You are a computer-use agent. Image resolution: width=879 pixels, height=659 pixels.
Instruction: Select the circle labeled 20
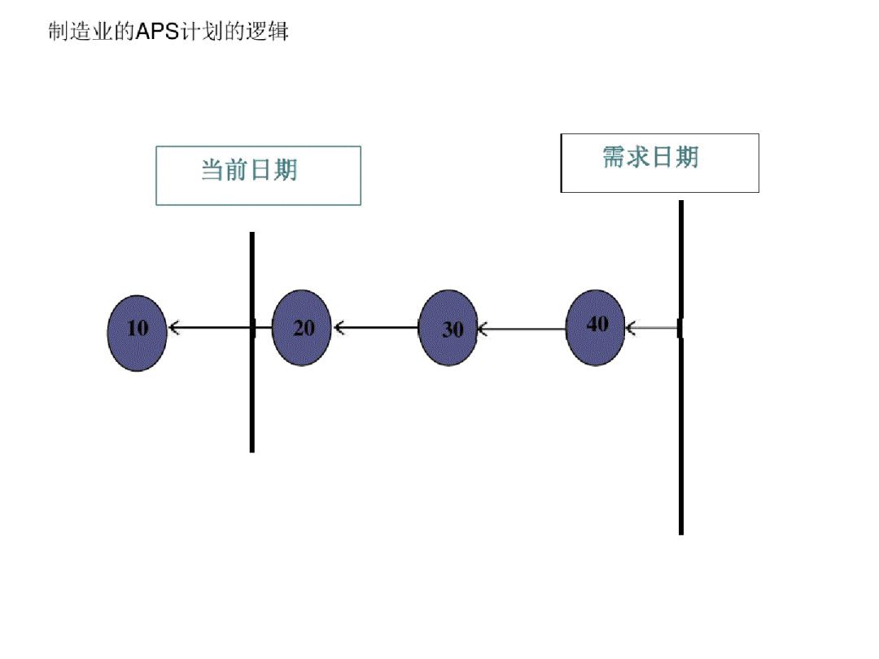tap(301, 328)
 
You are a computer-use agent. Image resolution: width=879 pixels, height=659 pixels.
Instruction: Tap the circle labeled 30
tap(448, 328)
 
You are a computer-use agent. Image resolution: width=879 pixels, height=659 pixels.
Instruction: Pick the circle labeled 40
tap(595, 327)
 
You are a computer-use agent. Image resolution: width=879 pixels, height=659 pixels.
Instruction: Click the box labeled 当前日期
tap(258, 176)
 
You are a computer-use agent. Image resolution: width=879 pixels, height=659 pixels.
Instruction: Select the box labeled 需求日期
tap(659, 163)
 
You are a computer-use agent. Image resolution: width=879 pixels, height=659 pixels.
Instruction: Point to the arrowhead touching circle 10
tap(173, 329)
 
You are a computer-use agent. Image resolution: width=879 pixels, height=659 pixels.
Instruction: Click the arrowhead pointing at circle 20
tap(339, 328)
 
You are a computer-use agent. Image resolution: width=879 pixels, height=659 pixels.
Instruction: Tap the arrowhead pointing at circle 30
tap(483, 329)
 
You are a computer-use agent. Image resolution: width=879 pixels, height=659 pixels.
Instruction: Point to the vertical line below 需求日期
tap(680, 439)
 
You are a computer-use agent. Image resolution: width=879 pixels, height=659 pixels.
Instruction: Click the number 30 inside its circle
tap(453, 329)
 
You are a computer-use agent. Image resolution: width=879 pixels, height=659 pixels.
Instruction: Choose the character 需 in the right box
tap(614, 156)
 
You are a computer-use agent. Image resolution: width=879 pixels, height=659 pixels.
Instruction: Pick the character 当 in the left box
tap(213, 170)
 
